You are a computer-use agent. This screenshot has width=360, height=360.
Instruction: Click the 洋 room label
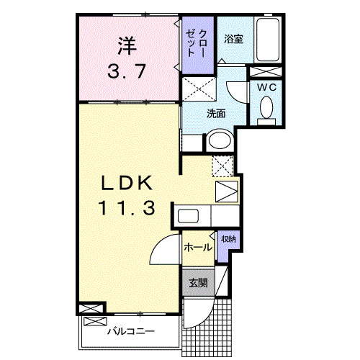(127, 46)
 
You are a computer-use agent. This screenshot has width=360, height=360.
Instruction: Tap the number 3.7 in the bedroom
(127, 72)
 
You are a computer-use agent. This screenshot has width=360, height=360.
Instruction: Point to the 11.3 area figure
(128, 209)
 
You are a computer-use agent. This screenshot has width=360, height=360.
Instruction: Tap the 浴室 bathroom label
(233, 38)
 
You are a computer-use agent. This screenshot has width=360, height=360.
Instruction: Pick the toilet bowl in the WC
(265, 109)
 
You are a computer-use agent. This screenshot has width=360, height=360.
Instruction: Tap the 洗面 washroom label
(216, 113)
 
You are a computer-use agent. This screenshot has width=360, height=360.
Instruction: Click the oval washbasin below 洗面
(220, 141)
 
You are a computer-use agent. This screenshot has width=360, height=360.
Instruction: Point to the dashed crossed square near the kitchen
(222, 166)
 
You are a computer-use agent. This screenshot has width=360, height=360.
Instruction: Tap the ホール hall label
(197, 247)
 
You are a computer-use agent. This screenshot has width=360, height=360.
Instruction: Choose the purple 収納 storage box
(228, 242)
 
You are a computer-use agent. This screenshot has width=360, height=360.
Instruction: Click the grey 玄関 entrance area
(198, 283)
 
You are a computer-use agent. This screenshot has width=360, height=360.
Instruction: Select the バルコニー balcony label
(131, 332)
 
